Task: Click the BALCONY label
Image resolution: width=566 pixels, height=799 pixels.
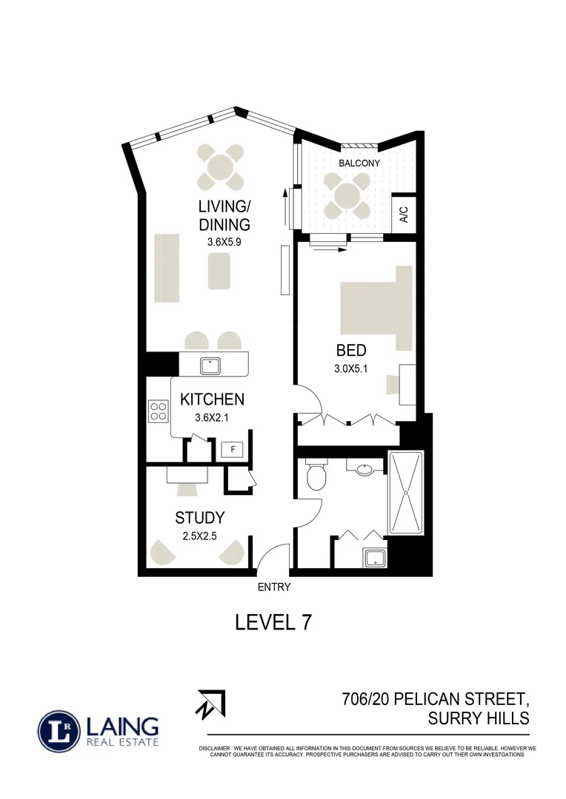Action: (x=359, y=163)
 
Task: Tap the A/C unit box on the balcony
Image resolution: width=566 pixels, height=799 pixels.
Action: (x=404, y=215)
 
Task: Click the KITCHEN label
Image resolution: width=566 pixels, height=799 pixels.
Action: (x=212, y=400)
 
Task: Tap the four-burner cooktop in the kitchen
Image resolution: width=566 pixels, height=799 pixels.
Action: (x=158, y=411)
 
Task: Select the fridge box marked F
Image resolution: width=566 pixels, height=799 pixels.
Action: (x=233, y=449)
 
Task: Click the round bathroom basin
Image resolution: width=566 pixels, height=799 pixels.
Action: (x=364, y=468)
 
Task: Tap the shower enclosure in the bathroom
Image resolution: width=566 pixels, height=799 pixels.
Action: (x=404, y=494)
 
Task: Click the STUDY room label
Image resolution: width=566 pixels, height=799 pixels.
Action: (x=199, y=518)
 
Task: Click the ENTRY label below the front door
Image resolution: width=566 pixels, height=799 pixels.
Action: (x=274, y=587)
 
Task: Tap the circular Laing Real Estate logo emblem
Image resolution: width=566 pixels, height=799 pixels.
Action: (x=59, y=732)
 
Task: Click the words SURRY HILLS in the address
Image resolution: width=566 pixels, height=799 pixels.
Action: (x=479, y=718)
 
